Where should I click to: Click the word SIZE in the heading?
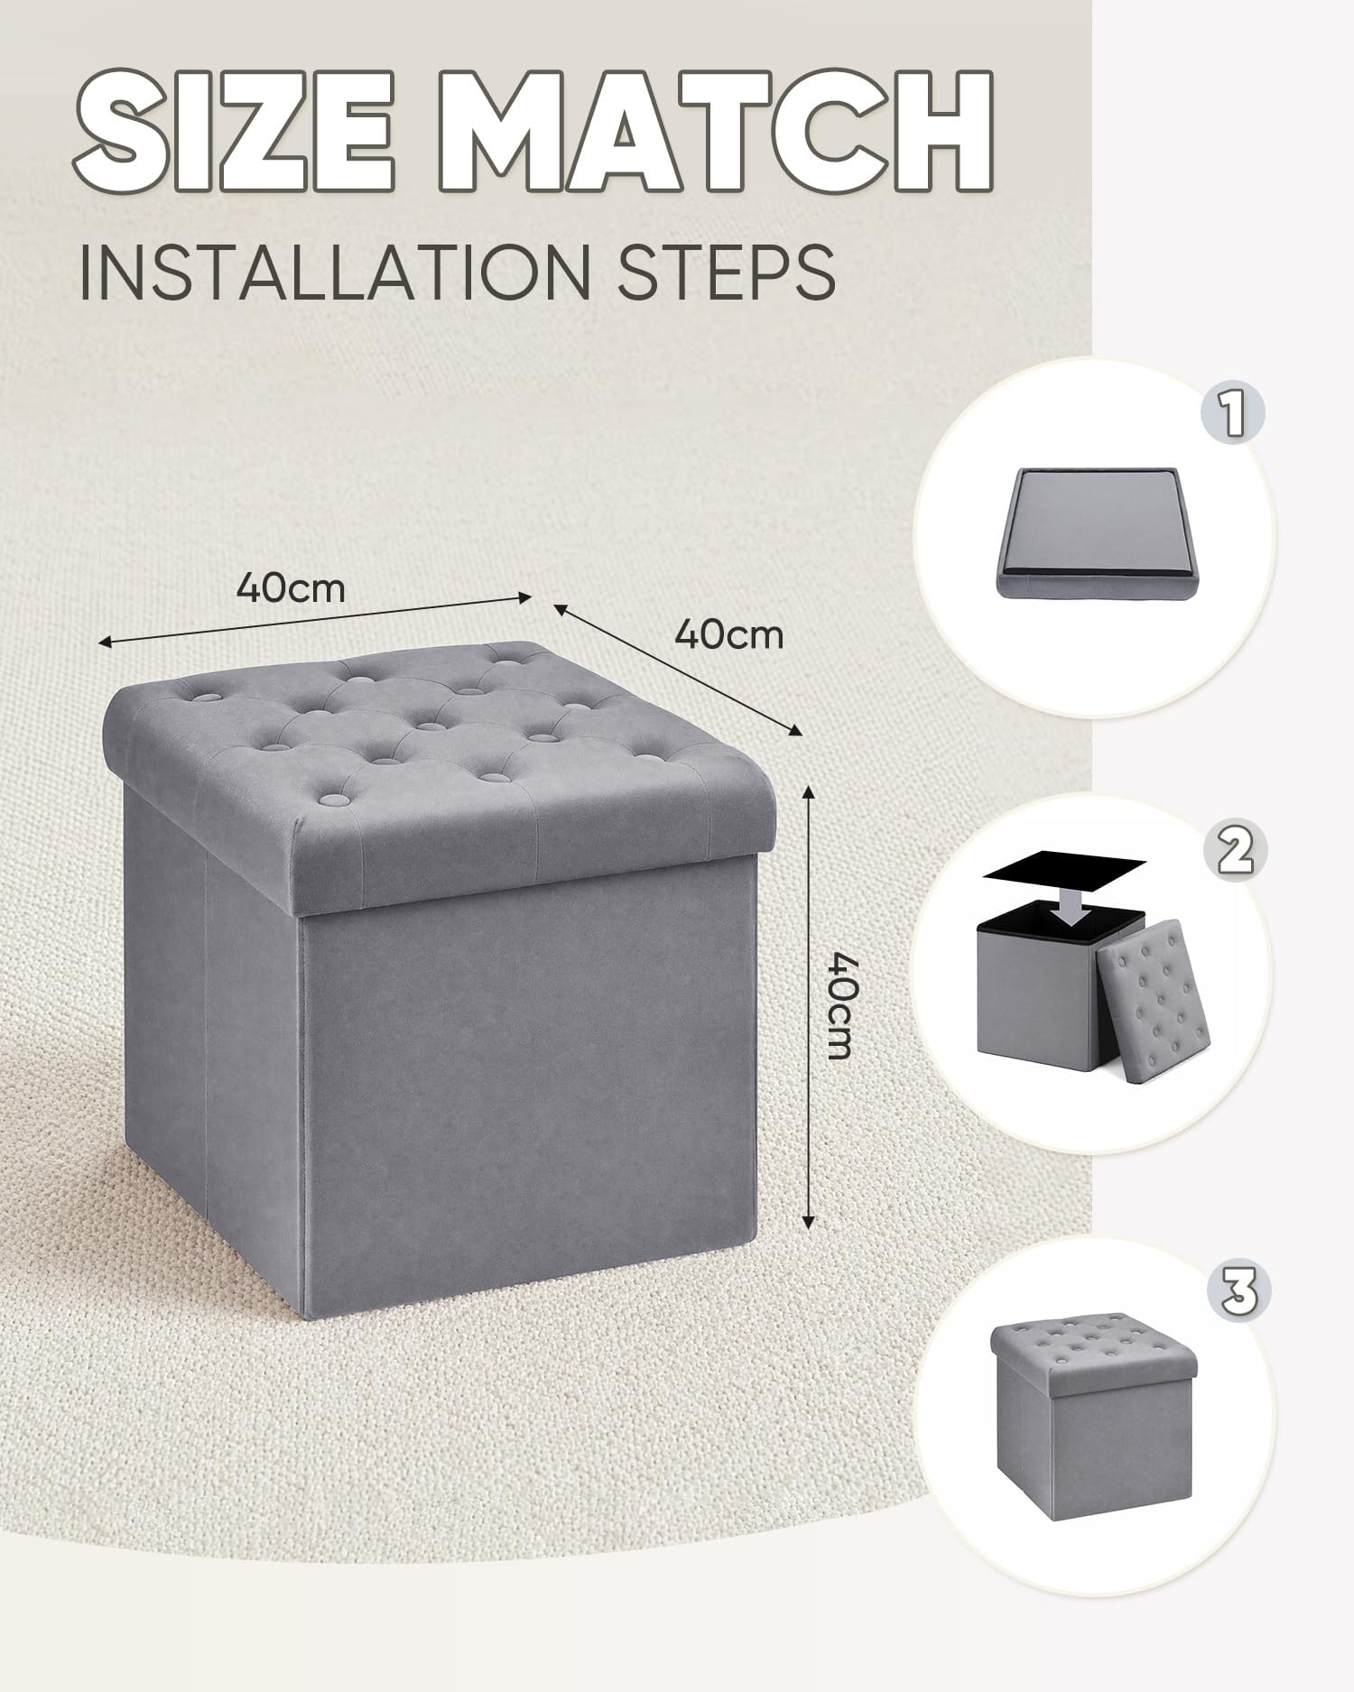coord(234,132)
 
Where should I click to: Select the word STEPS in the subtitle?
coord(727,270)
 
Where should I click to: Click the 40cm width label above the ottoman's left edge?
coord(291,588)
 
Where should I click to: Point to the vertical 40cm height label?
coord(840,1004)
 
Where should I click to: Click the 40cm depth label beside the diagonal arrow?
coord(729,634)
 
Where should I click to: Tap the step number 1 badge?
coord(1232,414)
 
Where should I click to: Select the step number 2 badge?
coord(1236,851)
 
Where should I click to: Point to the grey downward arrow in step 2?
coord(1072,903)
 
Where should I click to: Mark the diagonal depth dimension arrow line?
coord(677,669)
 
